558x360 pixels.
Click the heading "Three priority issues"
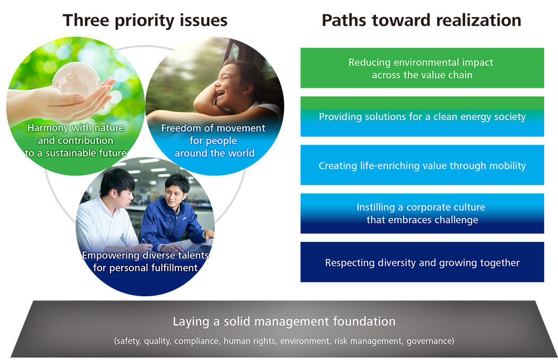pyautogui.click(x=145, y=20)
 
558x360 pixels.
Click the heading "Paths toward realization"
pyautogui.click(x=421, y=20)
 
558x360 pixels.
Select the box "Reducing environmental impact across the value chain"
pyautogui.click(x=422, y=68)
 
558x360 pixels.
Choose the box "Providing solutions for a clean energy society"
pyautogui.click(x=422, y=116)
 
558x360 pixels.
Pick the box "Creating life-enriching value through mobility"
pyautogui.click(x=422, y=165)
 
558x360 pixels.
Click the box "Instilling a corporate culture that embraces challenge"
pyautogui.click(x=422, y=214)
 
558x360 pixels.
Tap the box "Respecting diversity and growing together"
pyautogui.click(x=422, y=262)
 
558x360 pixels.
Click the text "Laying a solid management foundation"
pyautogui.click(x=284, y=322)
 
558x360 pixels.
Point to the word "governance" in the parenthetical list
pyautogui.click(x=429, y=341)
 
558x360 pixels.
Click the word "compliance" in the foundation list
pyautogui.click(x=198, y=341)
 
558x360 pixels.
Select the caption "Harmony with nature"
pyautogui.click(x=76, y=128)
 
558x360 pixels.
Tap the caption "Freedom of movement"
pyautogui.click(x=213, y=128)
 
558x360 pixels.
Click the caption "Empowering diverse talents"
pyautogui.click(x=145, y=255)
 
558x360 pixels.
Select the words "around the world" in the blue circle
pyautogui.click(x=215, y=153)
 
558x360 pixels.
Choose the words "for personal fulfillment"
pyautogui.click(x=145, y=268)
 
